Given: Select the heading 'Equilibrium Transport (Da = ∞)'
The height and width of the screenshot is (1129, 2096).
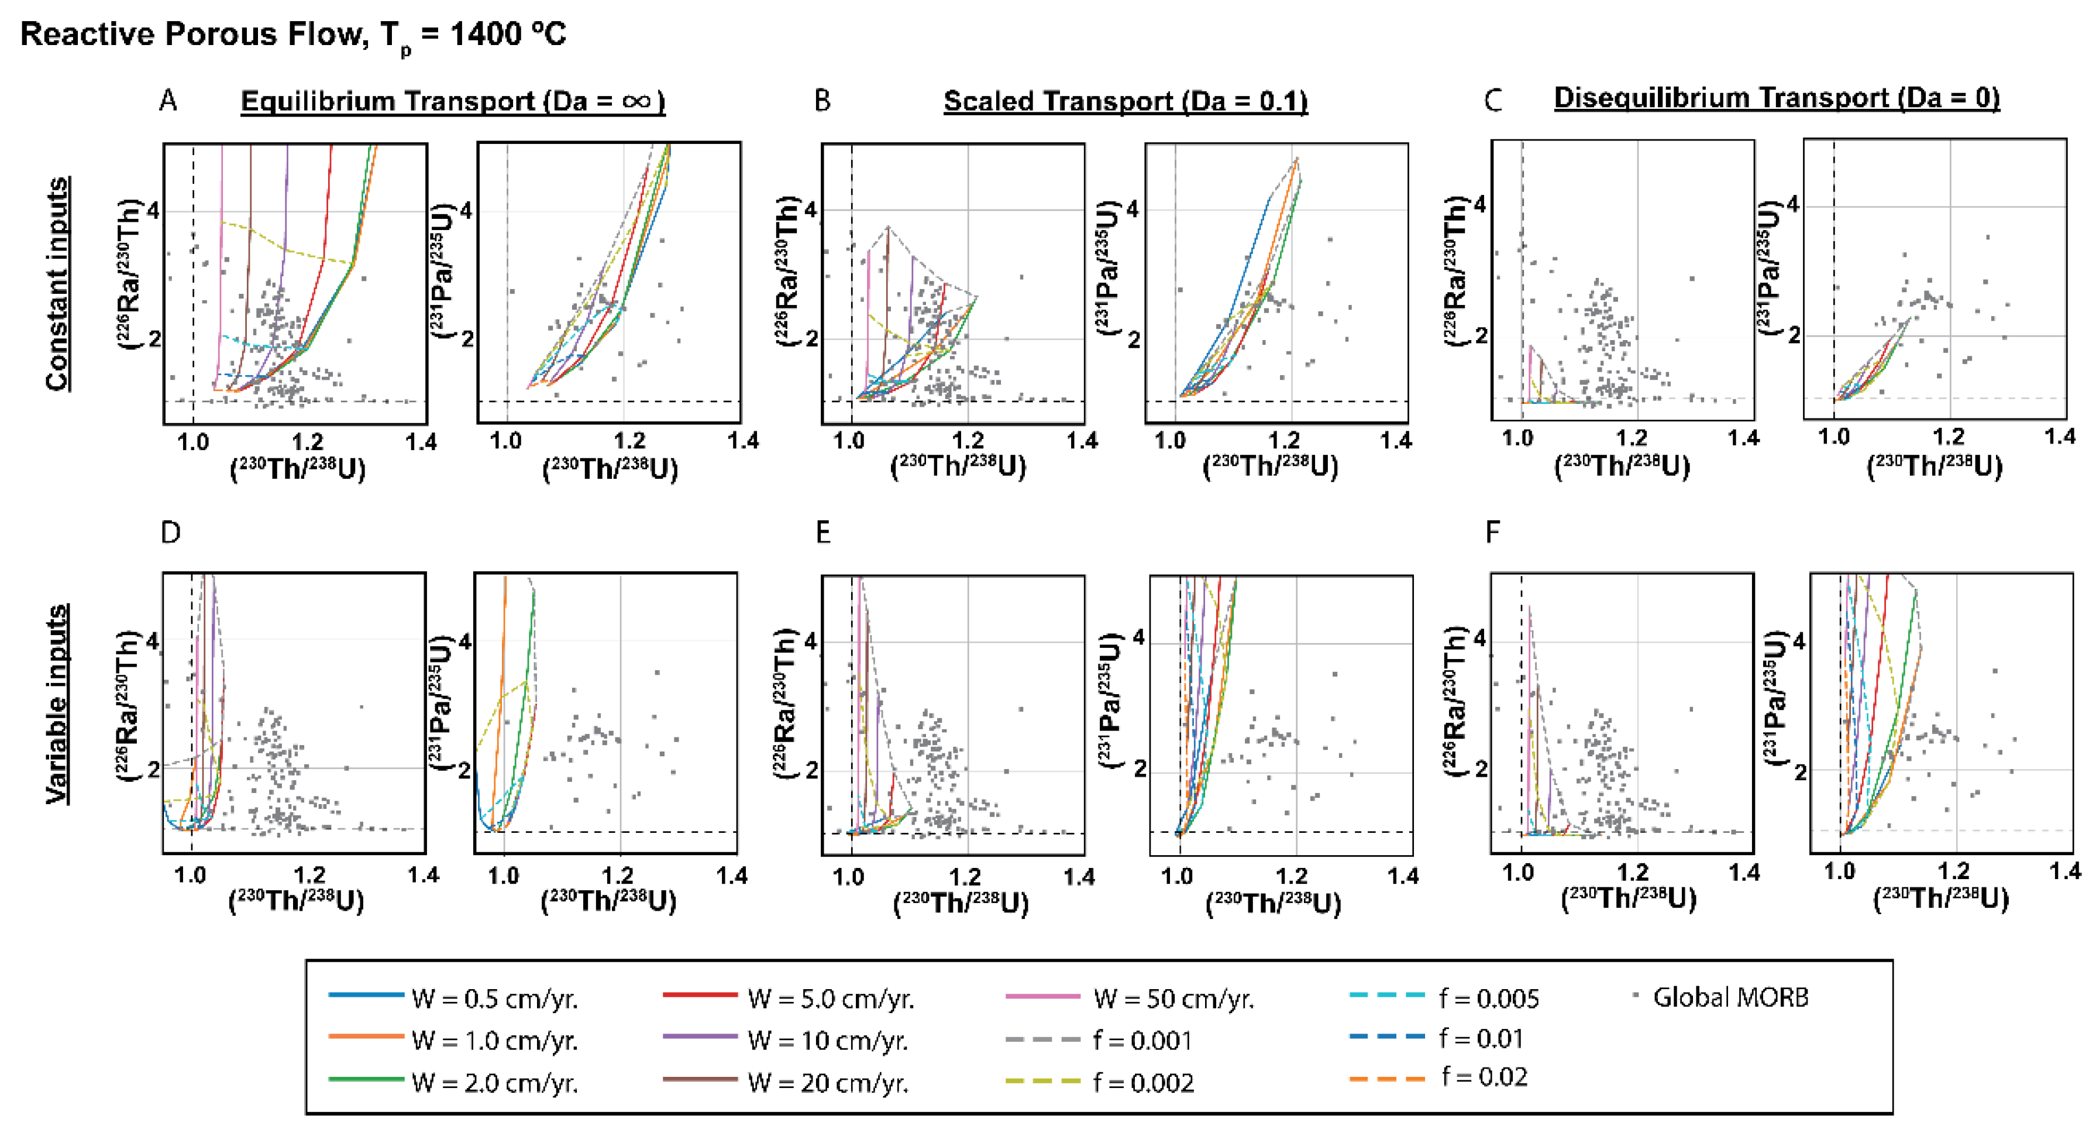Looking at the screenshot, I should tap(452, 101).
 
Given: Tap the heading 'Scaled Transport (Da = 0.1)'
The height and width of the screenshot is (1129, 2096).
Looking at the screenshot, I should tap(1126, 101).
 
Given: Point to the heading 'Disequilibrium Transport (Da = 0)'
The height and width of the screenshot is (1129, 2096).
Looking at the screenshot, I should tap(1776, 98).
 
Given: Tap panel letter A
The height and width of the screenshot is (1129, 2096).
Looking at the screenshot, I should tap(168, 101).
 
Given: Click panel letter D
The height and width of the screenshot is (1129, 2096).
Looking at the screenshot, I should tap(170, 533).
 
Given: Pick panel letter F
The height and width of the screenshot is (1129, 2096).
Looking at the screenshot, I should tap(1492, 533).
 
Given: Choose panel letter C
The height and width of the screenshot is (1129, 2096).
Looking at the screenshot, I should tap(1493, 101).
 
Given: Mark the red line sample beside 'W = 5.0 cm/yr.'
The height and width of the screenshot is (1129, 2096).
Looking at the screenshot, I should tap(700, 995).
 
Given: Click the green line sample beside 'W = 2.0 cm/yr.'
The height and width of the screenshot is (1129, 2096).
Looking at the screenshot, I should tap(366, 1079).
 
